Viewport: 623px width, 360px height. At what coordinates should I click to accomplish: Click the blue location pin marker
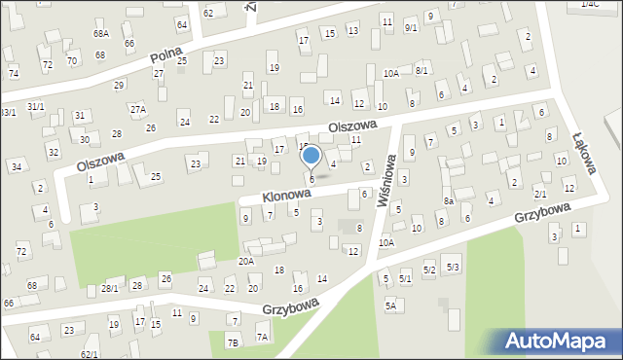311,157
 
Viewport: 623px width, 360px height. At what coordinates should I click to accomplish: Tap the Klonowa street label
285,196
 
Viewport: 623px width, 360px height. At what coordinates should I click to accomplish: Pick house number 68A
101,34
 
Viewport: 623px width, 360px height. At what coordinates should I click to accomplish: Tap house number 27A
138,109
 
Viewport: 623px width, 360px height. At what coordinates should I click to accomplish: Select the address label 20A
246,261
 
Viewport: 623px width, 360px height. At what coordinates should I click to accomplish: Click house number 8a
449,201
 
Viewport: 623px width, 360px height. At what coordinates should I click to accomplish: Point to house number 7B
232,342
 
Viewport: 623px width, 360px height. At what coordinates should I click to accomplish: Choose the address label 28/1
109,288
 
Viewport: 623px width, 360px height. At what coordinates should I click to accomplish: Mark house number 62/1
90,354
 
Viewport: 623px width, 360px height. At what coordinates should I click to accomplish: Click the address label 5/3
452,267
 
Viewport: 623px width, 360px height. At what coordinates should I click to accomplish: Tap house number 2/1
540,195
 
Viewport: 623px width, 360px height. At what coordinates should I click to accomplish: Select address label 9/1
411,55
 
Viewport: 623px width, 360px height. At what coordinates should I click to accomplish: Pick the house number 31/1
35,106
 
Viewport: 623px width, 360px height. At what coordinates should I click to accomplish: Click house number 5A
392,305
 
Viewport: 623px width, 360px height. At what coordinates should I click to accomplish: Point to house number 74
14,74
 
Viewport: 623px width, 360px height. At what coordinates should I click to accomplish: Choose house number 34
17,167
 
